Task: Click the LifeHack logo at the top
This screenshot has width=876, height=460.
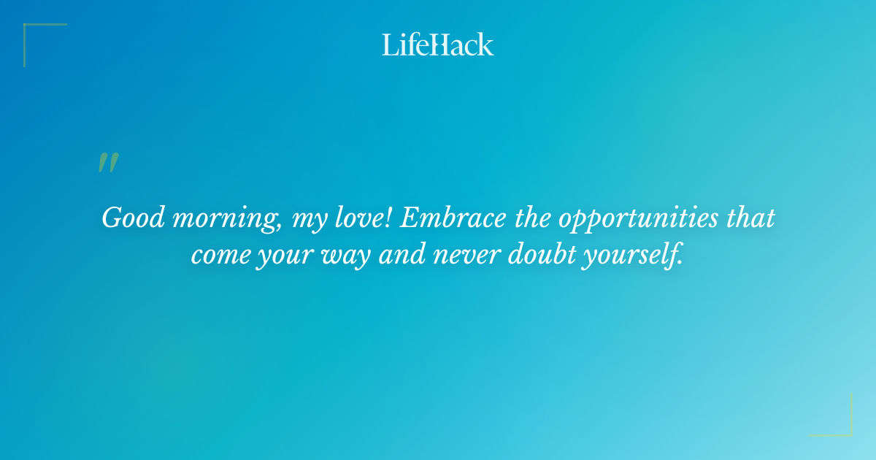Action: pyautogui.click(x=438, y=45)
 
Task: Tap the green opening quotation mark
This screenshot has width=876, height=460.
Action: pyautogui.click(x=108, y=163)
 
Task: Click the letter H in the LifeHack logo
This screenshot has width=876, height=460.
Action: pyautogui.click(x=436, y=45)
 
